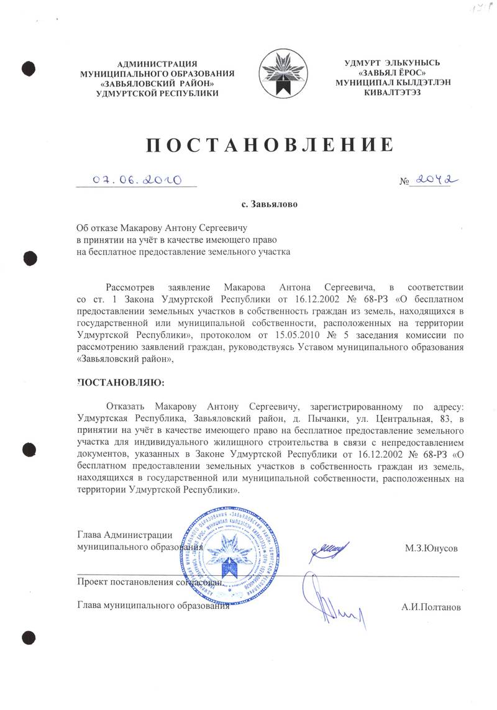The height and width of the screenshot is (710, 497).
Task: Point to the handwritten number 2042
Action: pyautogui.click(x=434, y=179)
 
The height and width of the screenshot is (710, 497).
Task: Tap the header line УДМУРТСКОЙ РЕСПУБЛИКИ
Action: pyautogui.click(x=158, y=93)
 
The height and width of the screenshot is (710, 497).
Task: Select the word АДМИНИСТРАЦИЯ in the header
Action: pyautogui.click(x=157, y=63)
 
